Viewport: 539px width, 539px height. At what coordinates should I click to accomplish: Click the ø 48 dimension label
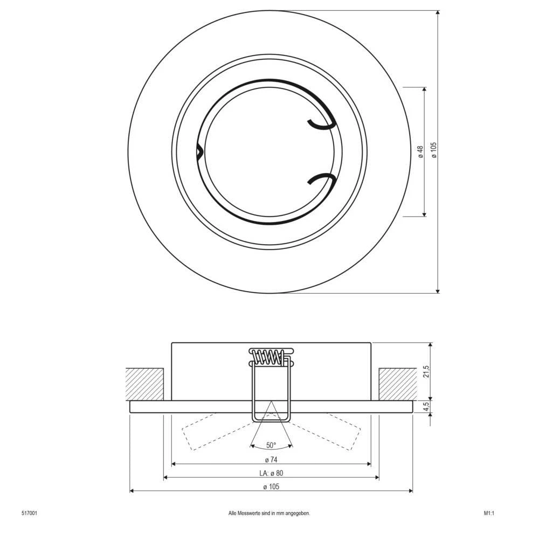pyautogui.click(x=420, y=151)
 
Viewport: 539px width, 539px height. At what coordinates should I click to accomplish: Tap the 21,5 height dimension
pyautogui.click(x=425, y=371)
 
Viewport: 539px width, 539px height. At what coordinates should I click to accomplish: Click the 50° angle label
pyautogui.click(x=271, y=445)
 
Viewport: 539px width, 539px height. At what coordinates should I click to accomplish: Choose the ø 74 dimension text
pyautogui.click(x=271, y=460)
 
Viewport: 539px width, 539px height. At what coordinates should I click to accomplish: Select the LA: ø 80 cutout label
pyautogui.click(x=271, y=473)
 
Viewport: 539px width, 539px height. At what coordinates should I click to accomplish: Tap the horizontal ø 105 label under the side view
pyautogui.click(x=271, y=487)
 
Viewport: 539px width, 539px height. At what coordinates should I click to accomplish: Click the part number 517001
pyautogui.click(x=29, y=514)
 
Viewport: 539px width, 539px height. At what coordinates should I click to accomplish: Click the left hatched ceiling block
pyautogui.click(x=144, y=384)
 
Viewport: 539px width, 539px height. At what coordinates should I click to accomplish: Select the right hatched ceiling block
pyautogui.click(x=397, y=384)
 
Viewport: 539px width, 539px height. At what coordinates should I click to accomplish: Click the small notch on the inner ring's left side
pyautogui.click(x=199, y=152)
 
